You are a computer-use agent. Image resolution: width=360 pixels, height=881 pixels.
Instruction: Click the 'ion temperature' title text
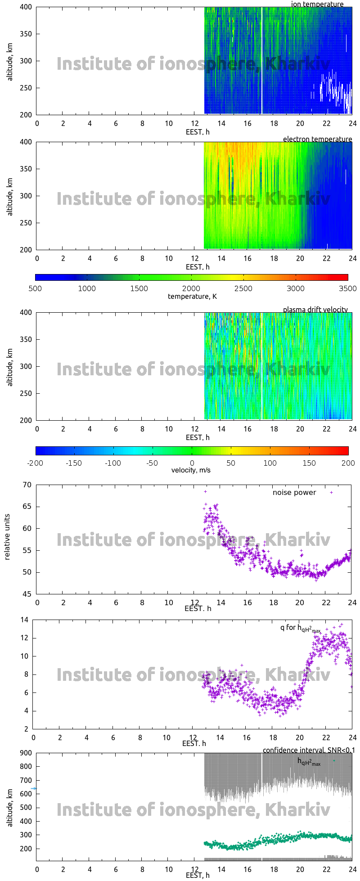coord(317,4)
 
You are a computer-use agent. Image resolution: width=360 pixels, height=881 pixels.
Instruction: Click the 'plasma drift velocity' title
coord(315,310)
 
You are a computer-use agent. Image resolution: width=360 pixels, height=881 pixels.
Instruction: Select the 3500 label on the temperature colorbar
coord(348,288)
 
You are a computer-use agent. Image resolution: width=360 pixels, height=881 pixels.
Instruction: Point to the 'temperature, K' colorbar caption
coord(192,296)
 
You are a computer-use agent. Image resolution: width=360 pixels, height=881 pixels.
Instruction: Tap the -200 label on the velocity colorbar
coord(35,463)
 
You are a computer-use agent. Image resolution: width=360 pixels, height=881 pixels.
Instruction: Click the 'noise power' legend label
coord(294,492)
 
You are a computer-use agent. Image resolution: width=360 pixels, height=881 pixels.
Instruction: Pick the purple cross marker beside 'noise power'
coord(332,492)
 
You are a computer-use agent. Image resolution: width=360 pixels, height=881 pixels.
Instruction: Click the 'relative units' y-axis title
coord(7,539)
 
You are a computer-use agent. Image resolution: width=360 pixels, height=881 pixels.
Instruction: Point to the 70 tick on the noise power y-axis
coord(27,485)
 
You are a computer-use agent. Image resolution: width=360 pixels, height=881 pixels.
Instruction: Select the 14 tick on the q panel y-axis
coord(24,620)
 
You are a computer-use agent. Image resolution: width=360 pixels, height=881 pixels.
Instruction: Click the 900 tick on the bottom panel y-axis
coord(26,753)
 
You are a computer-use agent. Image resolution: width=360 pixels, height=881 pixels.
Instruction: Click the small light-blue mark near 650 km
coord(34,788)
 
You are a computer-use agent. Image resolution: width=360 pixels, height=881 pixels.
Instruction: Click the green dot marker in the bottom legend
coord(334,760)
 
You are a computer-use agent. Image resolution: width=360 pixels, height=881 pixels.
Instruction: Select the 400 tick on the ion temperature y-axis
coord(26,7)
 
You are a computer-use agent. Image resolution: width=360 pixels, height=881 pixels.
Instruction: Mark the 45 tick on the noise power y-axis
coord(27,594)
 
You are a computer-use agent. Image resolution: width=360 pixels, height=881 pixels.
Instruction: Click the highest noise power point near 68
coord(206,491)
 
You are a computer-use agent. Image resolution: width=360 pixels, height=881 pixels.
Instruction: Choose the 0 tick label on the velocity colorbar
coord(192,463)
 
